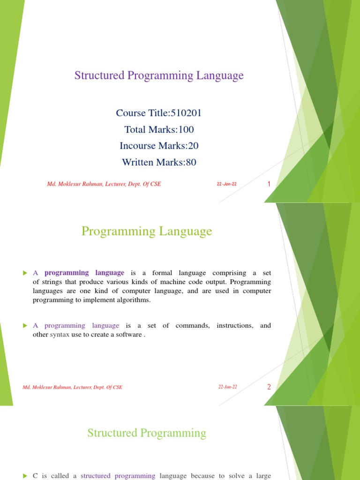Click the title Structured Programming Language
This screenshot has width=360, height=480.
click(159, 75)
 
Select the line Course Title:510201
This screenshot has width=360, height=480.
click(159, 113)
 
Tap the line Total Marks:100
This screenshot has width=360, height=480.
click(159, 129)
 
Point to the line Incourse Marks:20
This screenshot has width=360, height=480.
click(159, 146)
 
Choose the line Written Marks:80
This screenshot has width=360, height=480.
click(159, 162)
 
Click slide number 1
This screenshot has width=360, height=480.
click(269, 184)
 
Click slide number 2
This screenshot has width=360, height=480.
click(269, 387)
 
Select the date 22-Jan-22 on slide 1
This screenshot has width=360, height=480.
click(227, 184)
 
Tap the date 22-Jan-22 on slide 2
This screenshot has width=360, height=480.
click(228, 387)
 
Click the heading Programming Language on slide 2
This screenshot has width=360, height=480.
click(147, 231)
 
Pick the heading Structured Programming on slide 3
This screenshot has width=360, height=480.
click(147, 433)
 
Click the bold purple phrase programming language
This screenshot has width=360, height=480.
click(84, 273)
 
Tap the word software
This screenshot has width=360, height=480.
click(130, 335)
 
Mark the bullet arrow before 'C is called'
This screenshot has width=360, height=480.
click(25, 476)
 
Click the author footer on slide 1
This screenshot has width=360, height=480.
click(104, 184)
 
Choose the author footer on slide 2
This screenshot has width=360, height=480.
click(72, 387)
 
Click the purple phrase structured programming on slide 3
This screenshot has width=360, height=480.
click(118, 476)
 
